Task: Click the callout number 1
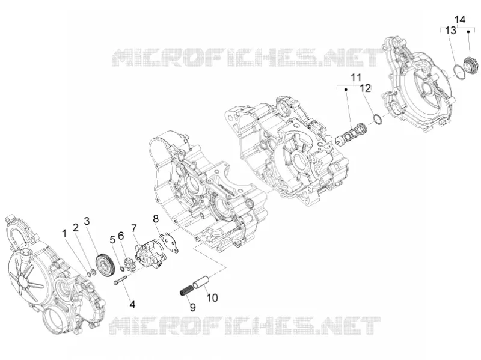pos(64,234)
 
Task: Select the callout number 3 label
pos(87,221)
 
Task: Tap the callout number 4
pos(132,304)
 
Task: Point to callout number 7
pos(133,228)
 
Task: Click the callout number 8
pos(156,219)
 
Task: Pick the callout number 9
pos(192,307)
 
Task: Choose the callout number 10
pos(212,297)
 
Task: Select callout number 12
pos(366,88)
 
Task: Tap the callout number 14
pos(460,20)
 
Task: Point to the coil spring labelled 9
pos(186,290)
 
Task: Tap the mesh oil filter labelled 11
pos(351,132)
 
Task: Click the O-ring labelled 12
pos(377,119)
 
